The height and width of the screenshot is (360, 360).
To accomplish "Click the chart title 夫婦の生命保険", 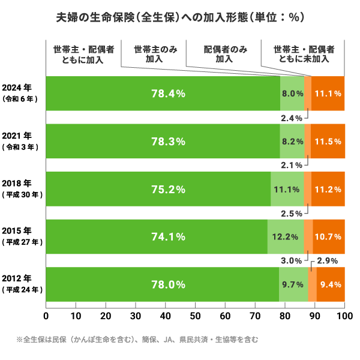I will pyautogui.click(x=179, y=17).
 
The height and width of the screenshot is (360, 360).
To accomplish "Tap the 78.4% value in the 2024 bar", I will pyautogui.click(x=168, y=94).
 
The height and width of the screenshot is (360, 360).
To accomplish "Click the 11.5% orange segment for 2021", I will pyautogui.click(x=328, y=142).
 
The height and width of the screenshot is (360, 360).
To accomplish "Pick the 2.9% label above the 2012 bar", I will pyautogui.click(x=329, y=261).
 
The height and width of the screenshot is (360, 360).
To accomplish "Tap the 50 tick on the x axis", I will pyautogui.click(x=196, y=315).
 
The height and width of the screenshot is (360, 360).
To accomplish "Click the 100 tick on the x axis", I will pyautogui.click(x=344, y=315).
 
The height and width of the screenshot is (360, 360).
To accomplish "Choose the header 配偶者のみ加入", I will pyautogui.click(x=224, y=54).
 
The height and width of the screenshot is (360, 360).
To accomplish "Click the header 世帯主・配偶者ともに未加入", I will pyautogui.click(x=304, y=54).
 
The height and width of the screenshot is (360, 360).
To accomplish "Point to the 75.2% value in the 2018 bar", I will pyautogui.click(x=168, y=189).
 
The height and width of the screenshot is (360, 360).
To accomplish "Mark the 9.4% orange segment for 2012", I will pyautogui.click(x=331, y=284).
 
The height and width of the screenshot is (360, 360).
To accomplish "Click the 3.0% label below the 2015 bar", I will pyautogui.click(x=291, y=261).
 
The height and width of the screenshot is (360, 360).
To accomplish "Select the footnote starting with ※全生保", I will pyautogui.click(x=137, y=340).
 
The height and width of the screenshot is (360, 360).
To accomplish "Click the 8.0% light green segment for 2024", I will pyautogui.click(x=292, y=94).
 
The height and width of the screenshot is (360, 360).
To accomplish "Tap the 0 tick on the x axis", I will pyautogui.click(x=46, y=315).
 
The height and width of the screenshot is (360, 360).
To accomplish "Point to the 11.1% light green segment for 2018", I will pyautogui.click(x=287, y=189).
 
